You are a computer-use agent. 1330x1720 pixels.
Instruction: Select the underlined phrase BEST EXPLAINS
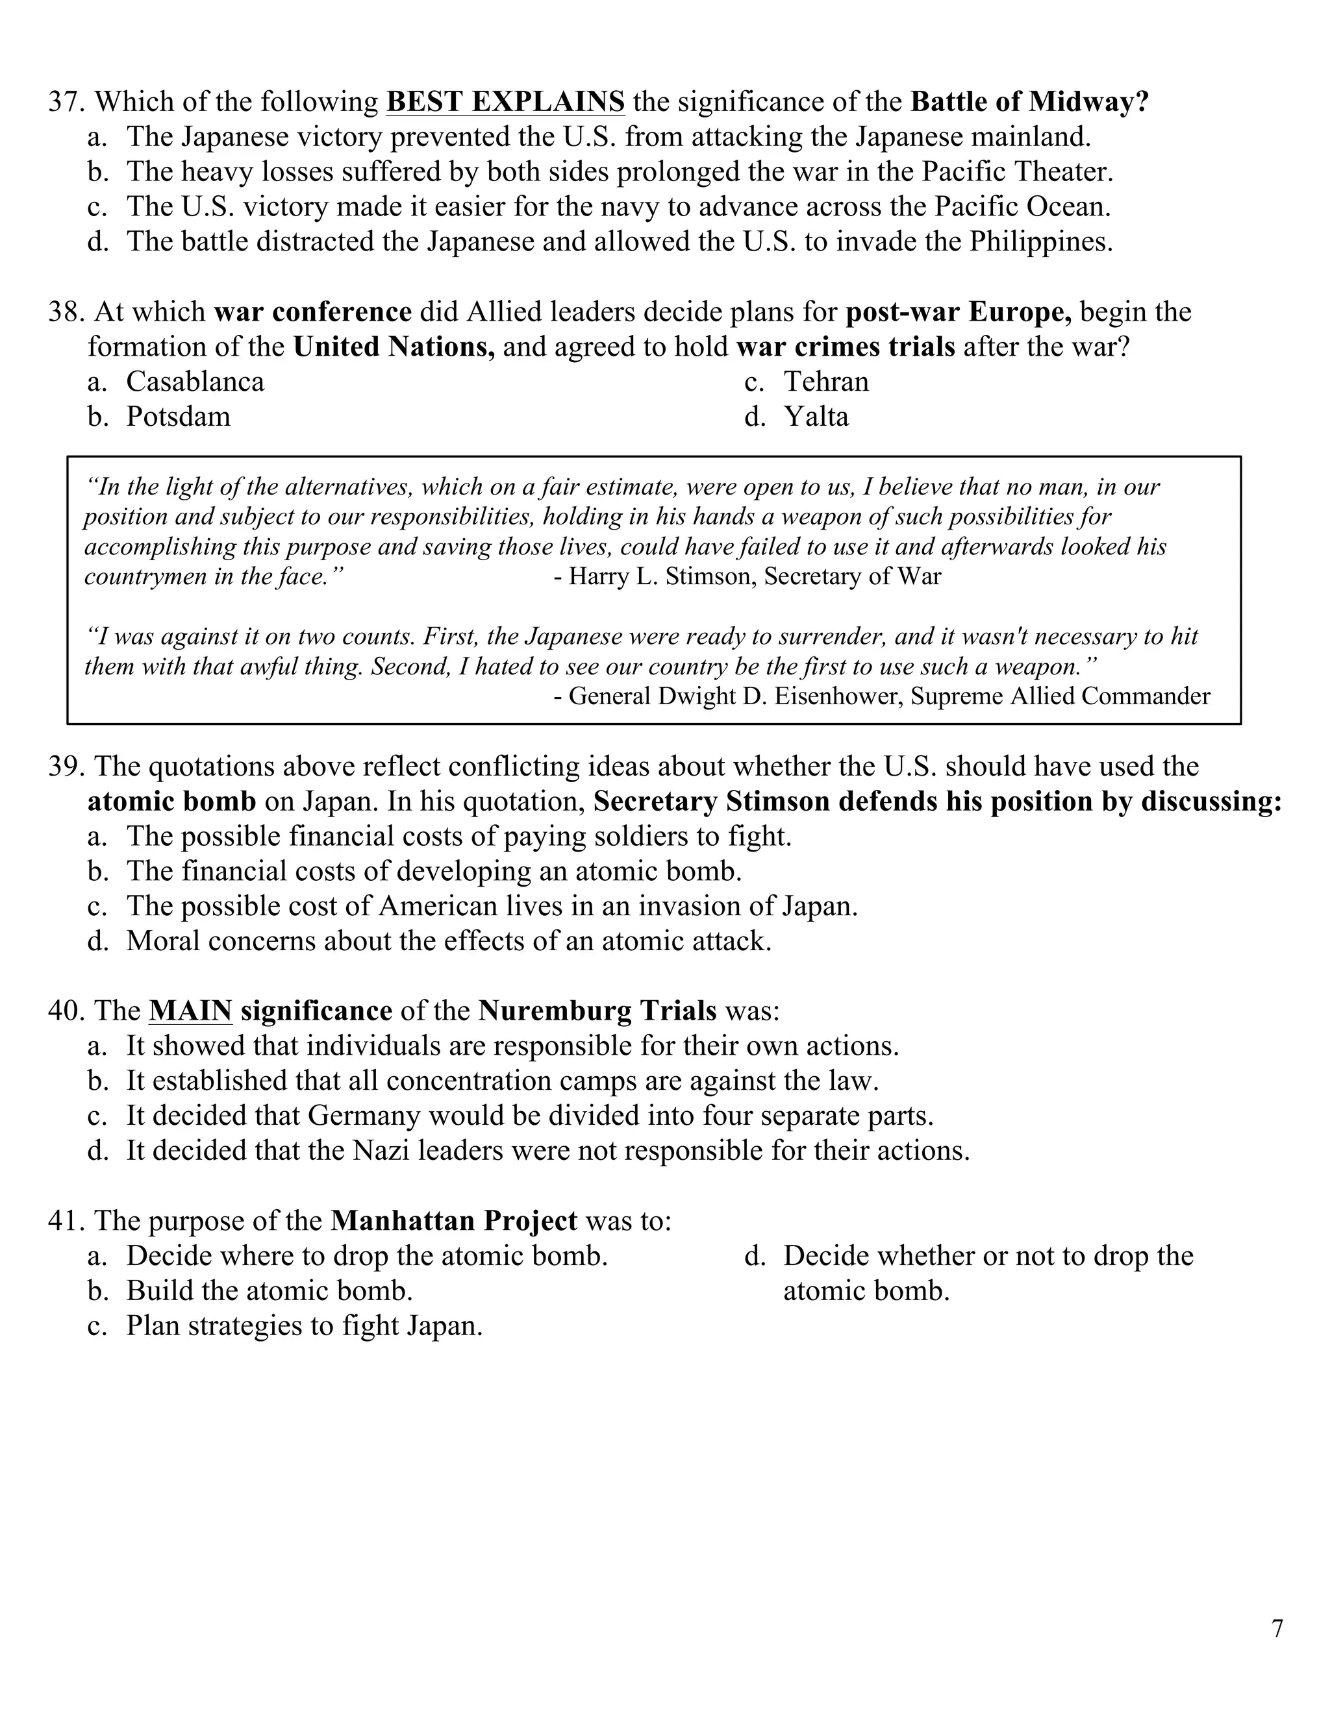click(x=505, y=103)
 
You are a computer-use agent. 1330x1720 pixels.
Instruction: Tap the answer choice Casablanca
click(x=195, y=382)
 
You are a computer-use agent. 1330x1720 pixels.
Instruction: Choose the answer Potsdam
click(x=178, y=417)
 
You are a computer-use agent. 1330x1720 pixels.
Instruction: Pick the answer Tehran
click(x=826, y=382)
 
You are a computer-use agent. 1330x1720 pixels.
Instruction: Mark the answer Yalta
click(x=816, y=417)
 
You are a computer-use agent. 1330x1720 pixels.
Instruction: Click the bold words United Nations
click(x=394, y=347)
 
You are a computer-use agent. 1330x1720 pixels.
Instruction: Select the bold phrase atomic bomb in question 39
click(x=171, y=802)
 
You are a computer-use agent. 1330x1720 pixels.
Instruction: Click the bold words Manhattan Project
click(x=454, y=1221)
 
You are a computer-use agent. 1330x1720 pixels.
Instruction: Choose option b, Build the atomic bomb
click(x=270, y=1291)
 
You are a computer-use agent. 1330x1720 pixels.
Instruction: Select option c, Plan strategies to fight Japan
click(x=304, y=1325)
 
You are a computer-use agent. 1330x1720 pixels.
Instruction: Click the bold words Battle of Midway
click(x=1029, y=103)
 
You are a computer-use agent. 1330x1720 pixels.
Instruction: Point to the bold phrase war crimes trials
click(x=846, y=347)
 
